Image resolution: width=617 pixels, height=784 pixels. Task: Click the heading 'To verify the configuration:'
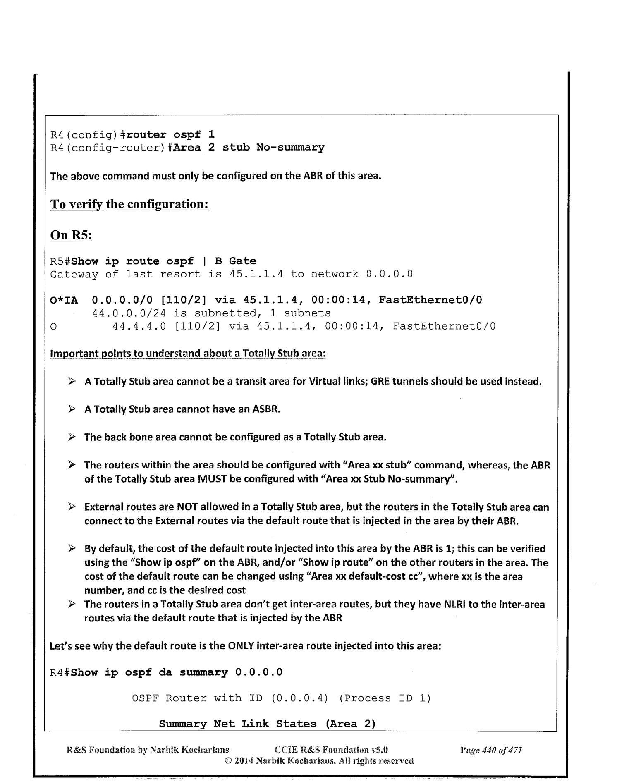click(129, 204)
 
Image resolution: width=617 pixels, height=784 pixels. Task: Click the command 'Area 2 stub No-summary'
click(249, 148)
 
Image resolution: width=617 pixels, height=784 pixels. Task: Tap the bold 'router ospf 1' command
click(170, 135)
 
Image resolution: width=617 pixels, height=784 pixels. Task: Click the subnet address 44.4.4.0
click(139, 327)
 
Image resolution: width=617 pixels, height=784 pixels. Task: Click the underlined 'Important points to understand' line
click(187, 354)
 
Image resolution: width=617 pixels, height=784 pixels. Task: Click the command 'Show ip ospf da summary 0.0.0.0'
click(177, 673)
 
